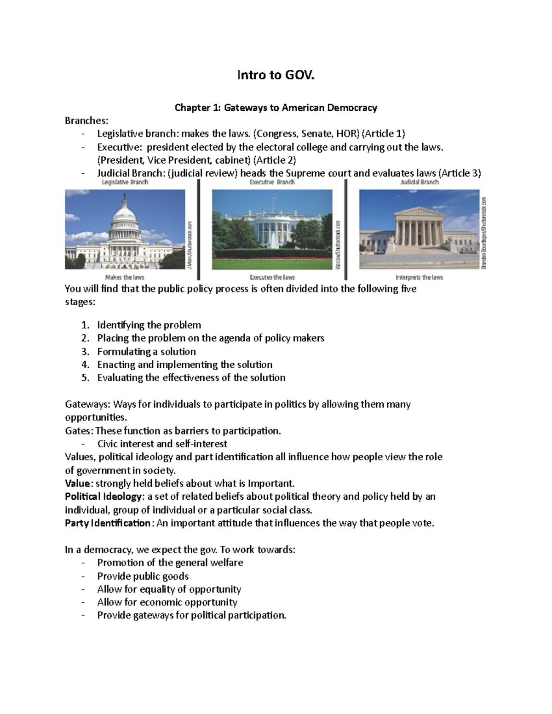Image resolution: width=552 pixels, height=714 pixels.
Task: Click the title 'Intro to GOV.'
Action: tap(276, 75)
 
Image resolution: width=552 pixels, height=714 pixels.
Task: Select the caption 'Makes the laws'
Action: tap(125, 277)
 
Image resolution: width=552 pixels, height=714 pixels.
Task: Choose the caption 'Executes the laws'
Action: tap(272, 277)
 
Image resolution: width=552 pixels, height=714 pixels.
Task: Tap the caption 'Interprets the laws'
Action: tap(419, 277)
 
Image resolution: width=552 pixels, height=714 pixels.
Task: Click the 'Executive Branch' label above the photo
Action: tap(272, 182)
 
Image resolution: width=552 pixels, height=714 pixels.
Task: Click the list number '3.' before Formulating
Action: tap(85, 352)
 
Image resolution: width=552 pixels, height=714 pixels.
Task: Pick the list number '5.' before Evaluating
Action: tap(85, 378)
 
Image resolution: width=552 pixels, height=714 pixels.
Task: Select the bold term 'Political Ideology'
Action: tap(104, 497)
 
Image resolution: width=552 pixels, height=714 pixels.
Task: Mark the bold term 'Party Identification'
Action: tap(107, 523)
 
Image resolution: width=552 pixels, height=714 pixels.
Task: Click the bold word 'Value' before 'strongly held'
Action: tap(78, 484)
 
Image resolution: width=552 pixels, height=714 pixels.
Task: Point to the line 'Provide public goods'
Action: tap(143, 576)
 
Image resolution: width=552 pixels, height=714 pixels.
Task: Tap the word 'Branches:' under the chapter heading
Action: tap(87, 120)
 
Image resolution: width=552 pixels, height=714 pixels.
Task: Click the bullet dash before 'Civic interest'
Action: tap(83, 444)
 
